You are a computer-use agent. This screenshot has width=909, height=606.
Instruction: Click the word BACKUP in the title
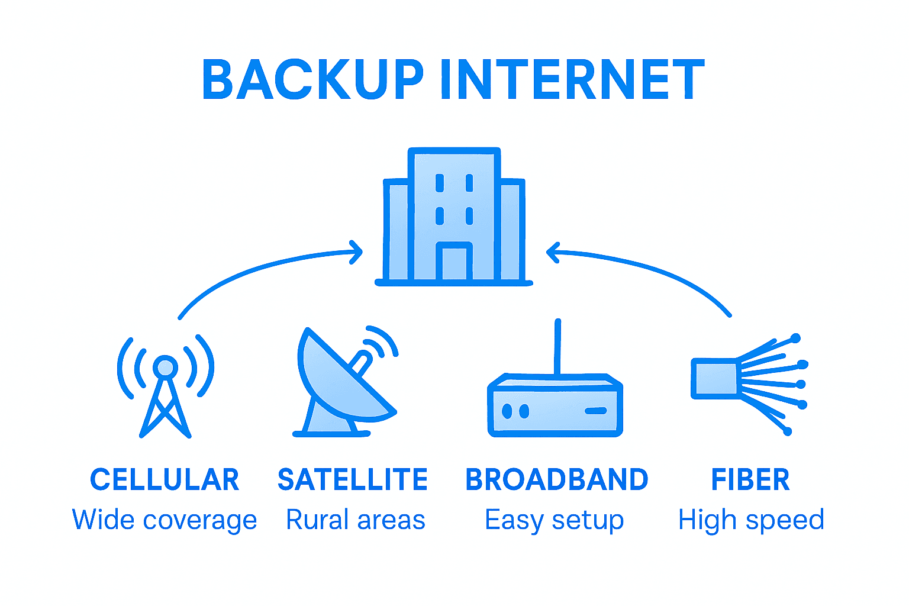tap(312, 80)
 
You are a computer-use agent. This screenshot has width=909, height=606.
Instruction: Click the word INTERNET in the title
tap(572, 80)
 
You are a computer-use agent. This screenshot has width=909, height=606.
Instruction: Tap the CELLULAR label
tap(165, 479)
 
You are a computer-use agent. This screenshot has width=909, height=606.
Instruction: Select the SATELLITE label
tap(353, 479)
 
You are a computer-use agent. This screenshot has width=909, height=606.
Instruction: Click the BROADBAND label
tap(557, 479)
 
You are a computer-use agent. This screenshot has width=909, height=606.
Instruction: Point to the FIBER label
tap(750, 479)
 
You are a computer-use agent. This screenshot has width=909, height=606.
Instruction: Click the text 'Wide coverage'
tap(165, 520)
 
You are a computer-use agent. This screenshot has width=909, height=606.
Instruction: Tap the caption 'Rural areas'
tap(356, 520)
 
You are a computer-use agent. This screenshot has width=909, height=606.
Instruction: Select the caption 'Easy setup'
tap(555, 520)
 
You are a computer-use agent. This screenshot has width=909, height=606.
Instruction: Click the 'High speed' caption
tap(751, 520)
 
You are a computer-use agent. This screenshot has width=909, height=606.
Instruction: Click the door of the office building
tap(454, 263)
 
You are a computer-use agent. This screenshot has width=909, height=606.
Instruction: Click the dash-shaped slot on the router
tap(595, 411)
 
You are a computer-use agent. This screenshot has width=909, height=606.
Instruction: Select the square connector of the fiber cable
tap(714, 378)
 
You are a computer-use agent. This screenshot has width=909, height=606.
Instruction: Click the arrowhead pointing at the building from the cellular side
tap(357, 252)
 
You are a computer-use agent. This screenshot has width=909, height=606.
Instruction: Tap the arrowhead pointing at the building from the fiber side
tap(552, 252)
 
